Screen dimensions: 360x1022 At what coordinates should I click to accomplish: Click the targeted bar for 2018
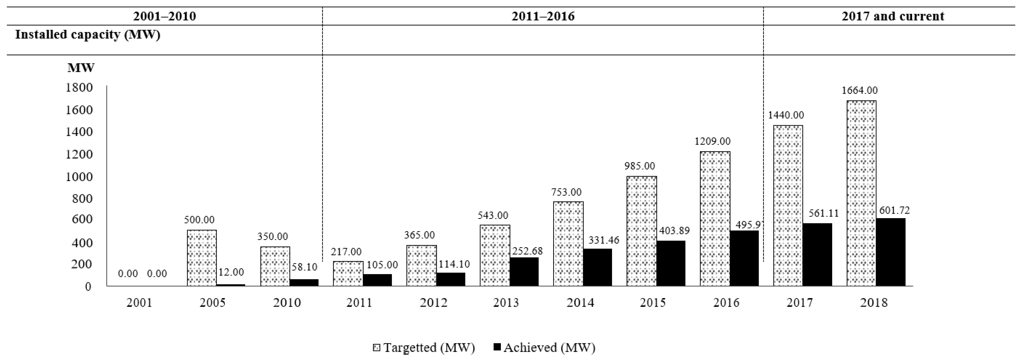[861, 193]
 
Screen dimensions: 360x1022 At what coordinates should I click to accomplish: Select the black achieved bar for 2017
[817, 254]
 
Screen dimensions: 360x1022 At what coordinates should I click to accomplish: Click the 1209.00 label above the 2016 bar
[713, 141]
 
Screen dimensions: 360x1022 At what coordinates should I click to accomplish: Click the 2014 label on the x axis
[580, 303]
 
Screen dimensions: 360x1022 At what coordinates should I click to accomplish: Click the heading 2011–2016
[543, 16]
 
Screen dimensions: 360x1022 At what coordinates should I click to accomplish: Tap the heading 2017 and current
[893, 16]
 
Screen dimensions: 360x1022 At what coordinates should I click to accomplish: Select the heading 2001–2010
[164, 16]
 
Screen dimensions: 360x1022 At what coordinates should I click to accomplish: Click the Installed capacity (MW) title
[88, 35]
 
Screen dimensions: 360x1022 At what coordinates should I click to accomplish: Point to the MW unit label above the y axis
[81, 68]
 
